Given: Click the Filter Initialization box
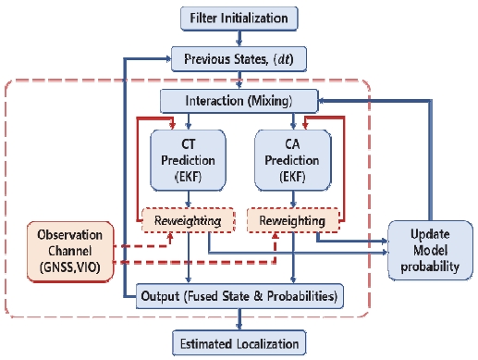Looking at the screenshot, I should point(239,18).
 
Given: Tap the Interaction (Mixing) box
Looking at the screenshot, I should point(239,100).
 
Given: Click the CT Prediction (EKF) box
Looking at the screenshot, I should point(189,157).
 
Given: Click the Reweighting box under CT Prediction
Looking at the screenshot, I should point(189,222).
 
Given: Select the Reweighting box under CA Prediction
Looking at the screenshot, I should point(292,222).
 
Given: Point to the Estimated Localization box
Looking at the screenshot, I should point(239,343).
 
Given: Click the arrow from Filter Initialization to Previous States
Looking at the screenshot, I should point(239,39).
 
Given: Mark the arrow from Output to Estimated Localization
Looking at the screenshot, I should point(239,319).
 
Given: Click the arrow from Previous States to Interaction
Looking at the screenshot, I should point(239,81).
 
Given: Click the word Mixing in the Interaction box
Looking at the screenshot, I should point(286,100).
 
